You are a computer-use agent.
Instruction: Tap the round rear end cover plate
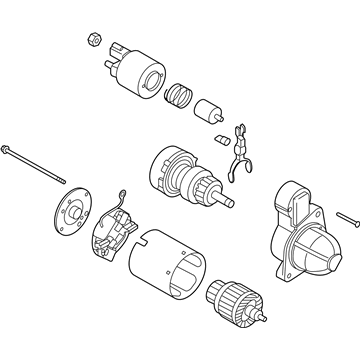[x=70, y=216]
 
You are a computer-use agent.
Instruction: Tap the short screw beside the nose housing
[x=345, y=215]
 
